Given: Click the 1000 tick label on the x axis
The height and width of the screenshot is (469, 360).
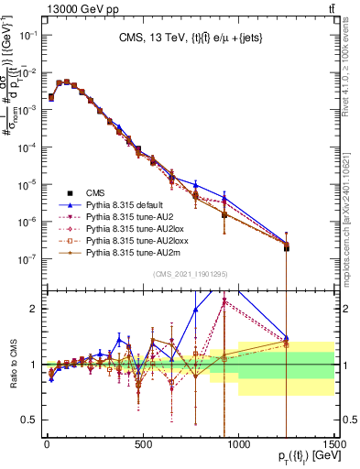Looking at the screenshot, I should (238, 445).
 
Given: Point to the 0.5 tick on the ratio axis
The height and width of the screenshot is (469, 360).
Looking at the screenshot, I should (29, 420).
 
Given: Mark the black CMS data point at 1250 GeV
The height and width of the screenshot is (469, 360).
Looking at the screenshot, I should (286, 247).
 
